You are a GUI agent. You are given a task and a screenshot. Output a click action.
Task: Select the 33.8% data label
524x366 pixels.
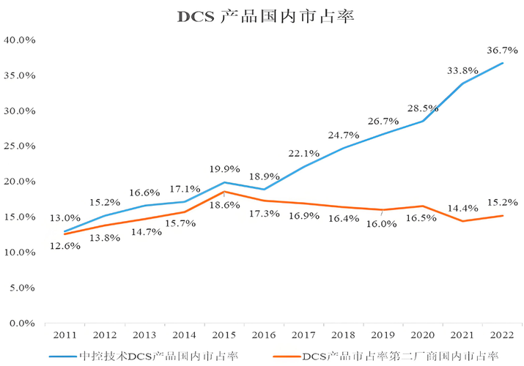[463, 70]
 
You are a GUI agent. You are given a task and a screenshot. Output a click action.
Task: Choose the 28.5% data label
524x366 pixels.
[424, 108]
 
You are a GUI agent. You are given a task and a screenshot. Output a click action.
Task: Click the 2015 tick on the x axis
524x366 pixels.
[224, 335]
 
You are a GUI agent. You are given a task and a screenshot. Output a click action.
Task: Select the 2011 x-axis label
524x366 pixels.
[65, 335]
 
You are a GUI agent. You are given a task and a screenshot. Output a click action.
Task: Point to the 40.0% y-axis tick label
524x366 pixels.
[22, 40]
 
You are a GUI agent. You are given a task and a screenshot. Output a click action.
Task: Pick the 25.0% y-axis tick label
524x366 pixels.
[22, 146]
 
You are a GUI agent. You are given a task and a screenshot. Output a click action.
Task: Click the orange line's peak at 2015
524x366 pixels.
[224, 192]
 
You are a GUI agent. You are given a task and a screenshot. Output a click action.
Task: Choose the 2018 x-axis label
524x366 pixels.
[342, 335]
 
